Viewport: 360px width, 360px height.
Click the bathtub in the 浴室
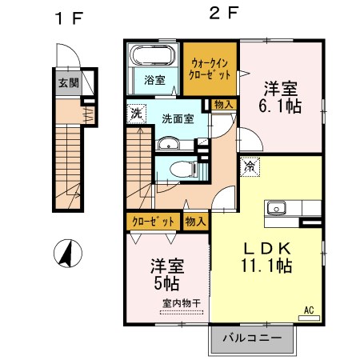151,58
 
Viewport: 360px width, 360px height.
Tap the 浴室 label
154,80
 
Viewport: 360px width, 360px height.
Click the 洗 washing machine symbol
136,113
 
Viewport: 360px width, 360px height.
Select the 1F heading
68,18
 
